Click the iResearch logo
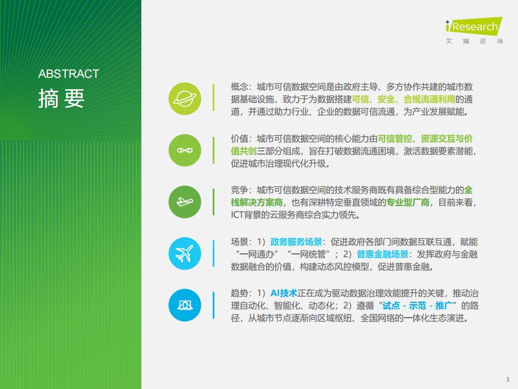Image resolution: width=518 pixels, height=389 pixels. tap(474, 30)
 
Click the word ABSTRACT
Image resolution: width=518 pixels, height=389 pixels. tap(69, 74)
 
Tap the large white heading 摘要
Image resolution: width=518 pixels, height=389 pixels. tap(62, 98)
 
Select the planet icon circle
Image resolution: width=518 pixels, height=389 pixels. tap(185, 98)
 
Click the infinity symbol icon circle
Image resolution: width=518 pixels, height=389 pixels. tap(185, 150)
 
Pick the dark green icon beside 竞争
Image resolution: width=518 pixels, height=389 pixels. tap(185, 202)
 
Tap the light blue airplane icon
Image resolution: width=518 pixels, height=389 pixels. tap(185, 253)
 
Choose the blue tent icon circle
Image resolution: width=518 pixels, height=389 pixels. tap(185, 305)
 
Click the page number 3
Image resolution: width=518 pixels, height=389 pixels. tap(508, 379)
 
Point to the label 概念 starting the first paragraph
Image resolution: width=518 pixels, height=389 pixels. tap(239, 87)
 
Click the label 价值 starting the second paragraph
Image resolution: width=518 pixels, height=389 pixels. tap(239, 139)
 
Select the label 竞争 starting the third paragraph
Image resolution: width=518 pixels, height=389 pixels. tap(239, 190)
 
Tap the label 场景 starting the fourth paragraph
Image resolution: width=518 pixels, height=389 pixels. tap(239, 242)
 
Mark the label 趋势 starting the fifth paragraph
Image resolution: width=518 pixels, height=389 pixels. tap(239, 293)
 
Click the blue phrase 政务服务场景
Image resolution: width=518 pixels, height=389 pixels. tap(296, 242)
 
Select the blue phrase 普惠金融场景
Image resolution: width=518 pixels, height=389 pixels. tap(383, 254)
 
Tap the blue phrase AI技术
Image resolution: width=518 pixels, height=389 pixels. tap(284, 293)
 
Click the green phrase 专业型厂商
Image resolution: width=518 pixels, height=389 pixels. tap(408, 203)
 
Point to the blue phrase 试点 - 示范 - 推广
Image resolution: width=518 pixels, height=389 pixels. tap(417, 306)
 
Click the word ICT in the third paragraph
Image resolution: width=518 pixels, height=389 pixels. tap(237, 215)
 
